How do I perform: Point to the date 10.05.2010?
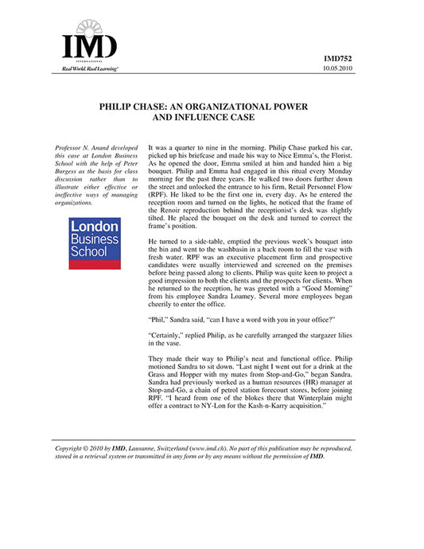pyautogui.click(x=340, y=70)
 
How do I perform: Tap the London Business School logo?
pyautogui.click(x=95, y=243)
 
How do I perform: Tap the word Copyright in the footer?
pyautogui.click(x=70, y=449)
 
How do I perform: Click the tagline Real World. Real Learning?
pyautogui.click(x=84, y=70)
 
